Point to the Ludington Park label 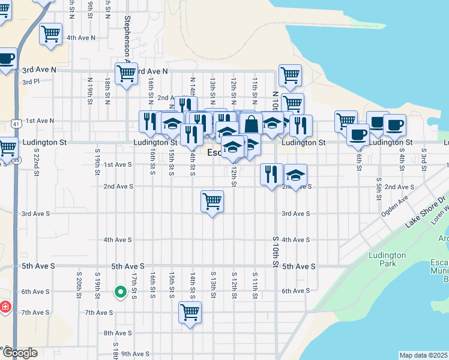[387, 259]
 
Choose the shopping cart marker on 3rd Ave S [212, 201]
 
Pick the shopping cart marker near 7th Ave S [190, 312]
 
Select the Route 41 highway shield [15, 124]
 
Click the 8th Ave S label [117, 333]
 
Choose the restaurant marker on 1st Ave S [271, 175]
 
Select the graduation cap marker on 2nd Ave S [295, 175]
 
